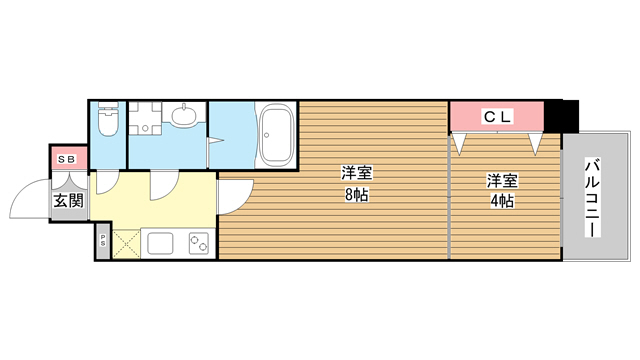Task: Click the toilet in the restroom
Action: (x=108, y=118)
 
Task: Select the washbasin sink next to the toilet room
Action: (x=184, y=116)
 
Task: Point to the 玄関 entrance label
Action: (x=69, y=200)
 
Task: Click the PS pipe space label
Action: (x=103, y=241)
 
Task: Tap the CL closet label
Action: (x=497, y=117)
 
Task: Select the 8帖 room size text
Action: (x=357, y=195)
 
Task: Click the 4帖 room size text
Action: (x=502, y=201)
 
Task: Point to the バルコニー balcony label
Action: (x=593, y=198)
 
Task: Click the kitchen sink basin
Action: (x=160, y=243)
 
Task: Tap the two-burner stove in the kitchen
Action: (x=199, y=243)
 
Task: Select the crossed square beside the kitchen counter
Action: (x=126, y=244)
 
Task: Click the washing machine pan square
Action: (x=145, y=118)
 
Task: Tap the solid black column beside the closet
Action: (x=561, y=116)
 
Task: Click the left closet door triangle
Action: (x=459, y=144)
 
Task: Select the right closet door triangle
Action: (x=536, y=144)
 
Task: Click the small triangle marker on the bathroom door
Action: (x=216, y=141)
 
